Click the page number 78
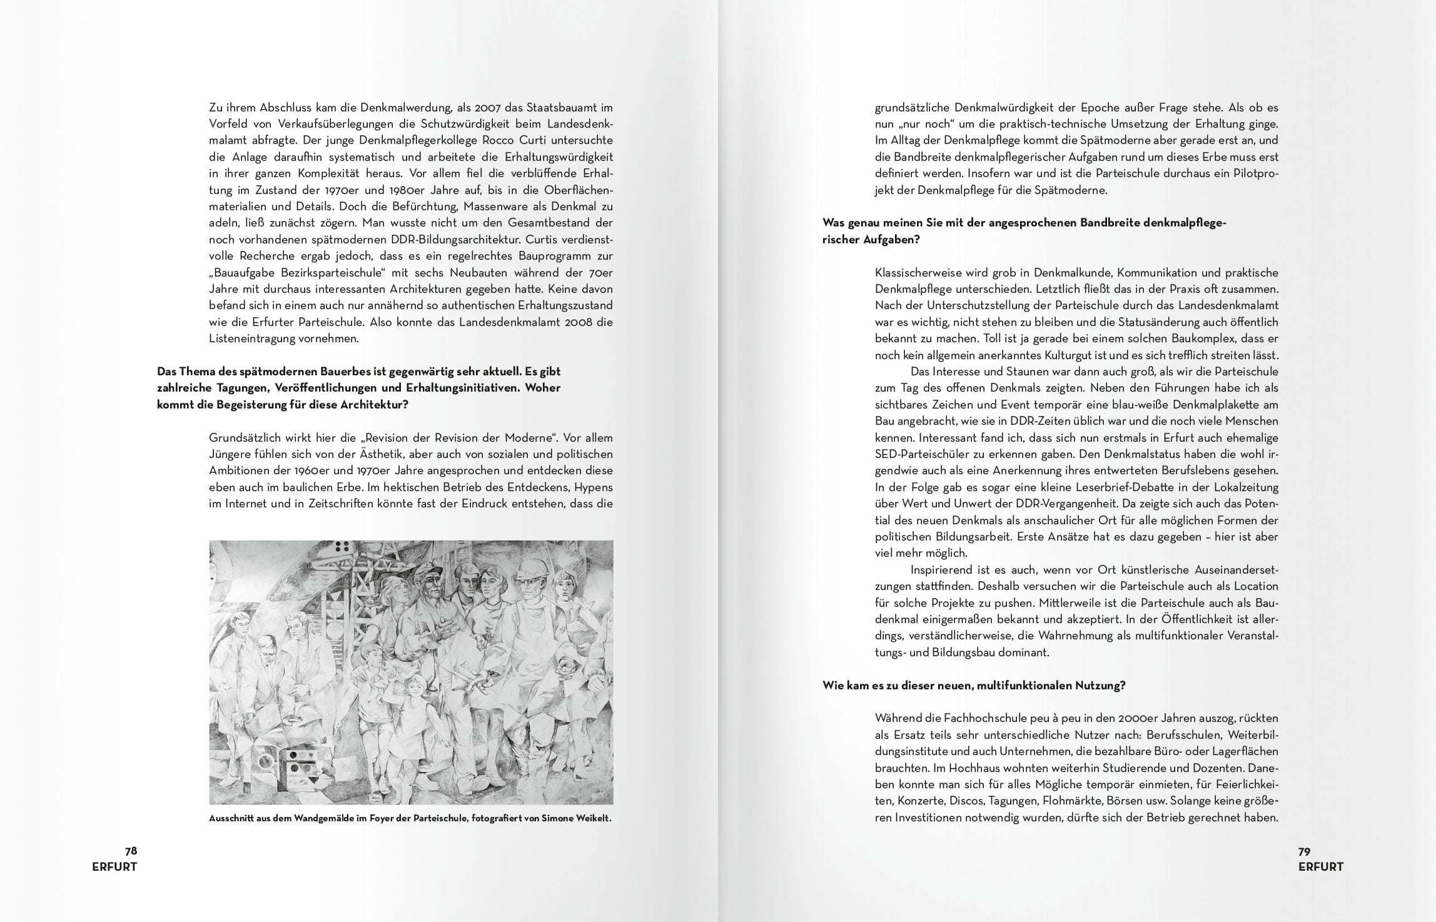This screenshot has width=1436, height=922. [131, 851]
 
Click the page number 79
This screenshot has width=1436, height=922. [1305, 851]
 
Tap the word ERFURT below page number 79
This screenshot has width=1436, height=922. [1321, 867]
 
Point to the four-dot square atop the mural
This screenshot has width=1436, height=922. [343, 548]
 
